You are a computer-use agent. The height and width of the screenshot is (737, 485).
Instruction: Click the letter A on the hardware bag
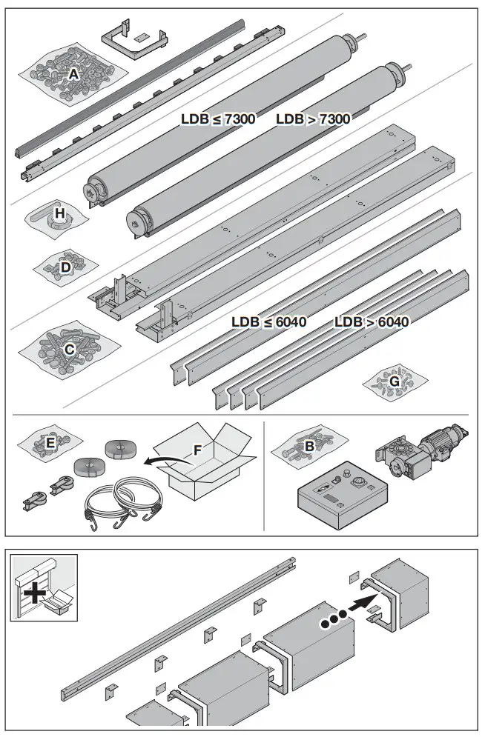tap(73, 75)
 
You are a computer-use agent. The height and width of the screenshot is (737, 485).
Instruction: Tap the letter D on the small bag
tap(65, 267)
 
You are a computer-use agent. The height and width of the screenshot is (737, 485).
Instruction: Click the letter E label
tap(50, 443)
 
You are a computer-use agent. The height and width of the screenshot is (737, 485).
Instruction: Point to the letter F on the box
tap(197, 450)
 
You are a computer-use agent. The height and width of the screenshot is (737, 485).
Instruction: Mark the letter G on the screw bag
tap(395, 381)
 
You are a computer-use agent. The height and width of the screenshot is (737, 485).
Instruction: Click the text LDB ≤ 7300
tap(218, 119)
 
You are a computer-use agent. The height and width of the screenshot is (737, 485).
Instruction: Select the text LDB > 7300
tap(312, 119)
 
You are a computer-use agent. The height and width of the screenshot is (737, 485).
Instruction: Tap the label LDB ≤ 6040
tap(268, 322)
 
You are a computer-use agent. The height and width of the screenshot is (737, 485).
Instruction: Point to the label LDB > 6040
tap(371, 322)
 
